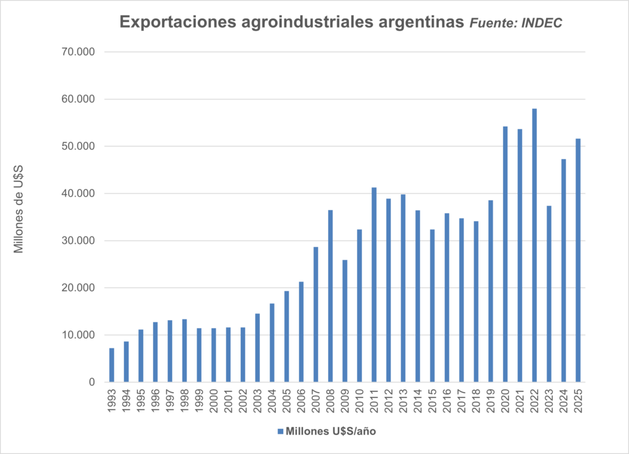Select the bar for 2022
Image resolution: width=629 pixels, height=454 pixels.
tap(534, 245)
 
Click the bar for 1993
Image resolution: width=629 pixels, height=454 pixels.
tap(112, 365)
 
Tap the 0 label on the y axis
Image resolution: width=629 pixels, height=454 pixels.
tap(92, 382)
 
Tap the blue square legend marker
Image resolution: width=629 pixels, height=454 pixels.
tap(281, 431)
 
